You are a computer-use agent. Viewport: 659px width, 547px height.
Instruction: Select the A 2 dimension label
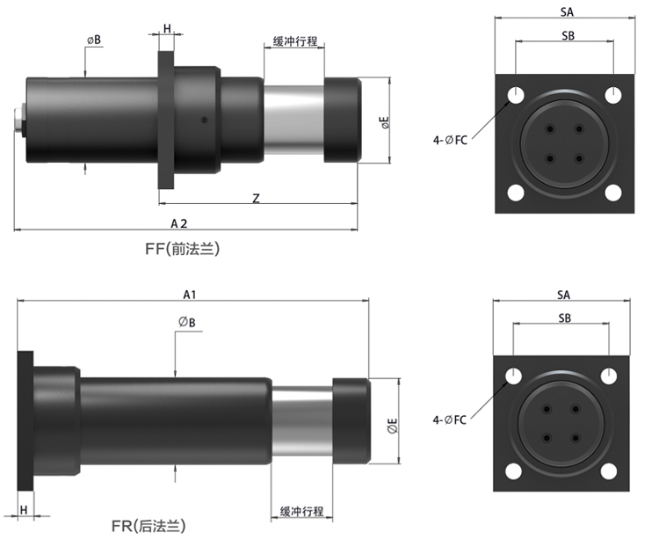[179, 223]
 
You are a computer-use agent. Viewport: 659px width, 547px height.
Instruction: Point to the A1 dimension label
[190, 294]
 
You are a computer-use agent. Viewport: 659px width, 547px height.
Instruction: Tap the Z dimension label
[256, 199]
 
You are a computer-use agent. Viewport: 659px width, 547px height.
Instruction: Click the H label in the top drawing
[167, 29]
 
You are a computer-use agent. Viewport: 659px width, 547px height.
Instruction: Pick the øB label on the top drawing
[93, 40]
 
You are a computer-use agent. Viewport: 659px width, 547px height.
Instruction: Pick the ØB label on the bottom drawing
[185, 323]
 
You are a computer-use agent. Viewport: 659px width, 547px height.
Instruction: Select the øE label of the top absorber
[385, 122]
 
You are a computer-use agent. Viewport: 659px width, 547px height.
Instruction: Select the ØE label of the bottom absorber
[392, 427]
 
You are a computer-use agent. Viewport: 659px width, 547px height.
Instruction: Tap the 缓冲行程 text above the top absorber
[294, 41]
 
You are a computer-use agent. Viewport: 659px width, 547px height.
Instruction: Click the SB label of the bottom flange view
[563, 317]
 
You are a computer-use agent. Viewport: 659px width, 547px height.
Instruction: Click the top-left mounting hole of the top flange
[517, 94]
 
